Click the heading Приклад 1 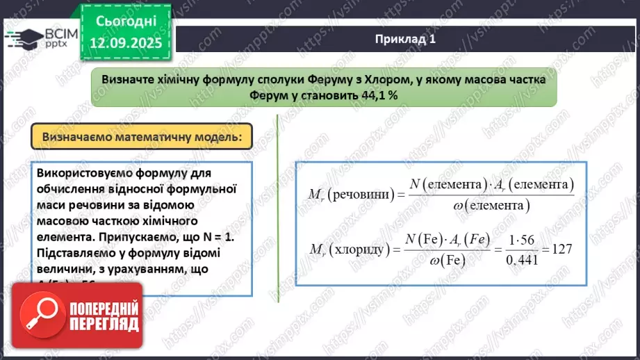tap(405, 39)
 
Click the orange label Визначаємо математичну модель tap(142, 138)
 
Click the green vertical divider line tap(278, 208)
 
